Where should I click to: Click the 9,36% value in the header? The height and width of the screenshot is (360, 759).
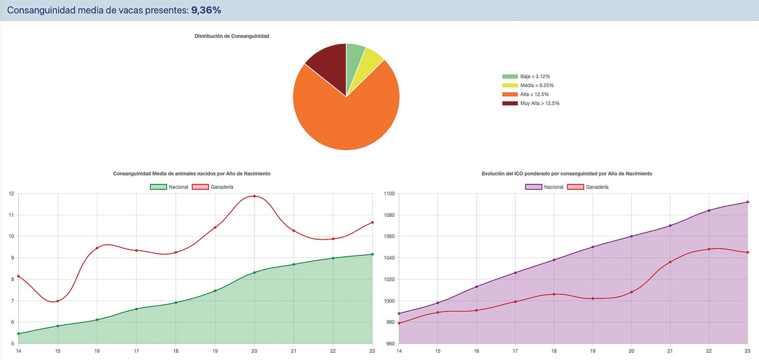(x=206, y=10)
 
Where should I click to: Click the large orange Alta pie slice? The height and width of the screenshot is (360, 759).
(x=346, y=117)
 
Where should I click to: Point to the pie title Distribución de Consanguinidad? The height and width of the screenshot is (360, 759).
(x=232, y=36)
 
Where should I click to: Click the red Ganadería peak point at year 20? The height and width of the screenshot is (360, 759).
(x=254, y=196)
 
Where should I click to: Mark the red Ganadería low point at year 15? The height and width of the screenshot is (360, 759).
(x=57, y=301)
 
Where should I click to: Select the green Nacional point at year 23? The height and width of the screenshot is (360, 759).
(x=372, y=254)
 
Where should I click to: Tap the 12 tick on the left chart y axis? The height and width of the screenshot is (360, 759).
(x=11, y=194)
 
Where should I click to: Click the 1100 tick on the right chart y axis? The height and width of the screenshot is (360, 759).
(x=389, y=194)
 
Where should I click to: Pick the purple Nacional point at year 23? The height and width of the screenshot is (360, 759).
(x=748, y=202)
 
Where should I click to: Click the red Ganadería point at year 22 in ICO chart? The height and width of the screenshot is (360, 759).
(x=709, y=249)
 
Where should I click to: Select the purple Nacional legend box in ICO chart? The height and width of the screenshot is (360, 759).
(x=534, y=187)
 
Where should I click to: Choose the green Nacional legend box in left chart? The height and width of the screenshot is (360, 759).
(x=158, y=187)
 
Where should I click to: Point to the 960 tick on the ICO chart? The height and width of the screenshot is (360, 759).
(x=390, y=344)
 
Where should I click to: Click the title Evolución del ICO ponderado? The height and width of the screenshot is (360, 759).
(x=567, y=174)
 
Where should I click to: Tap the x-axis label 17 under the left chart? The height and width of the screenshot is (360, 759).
(x=136, y=351)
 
